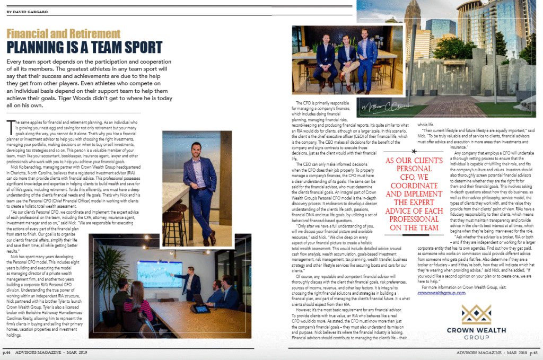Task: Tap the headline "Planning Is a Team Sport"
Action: (x=84, y=48)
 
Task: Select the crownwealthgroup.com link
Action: (x=442, y=292)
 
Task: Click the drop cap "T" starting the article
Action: (x=10, y=125)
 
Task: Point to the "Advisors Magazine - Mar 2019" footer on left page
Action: (x=55, y=352)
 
